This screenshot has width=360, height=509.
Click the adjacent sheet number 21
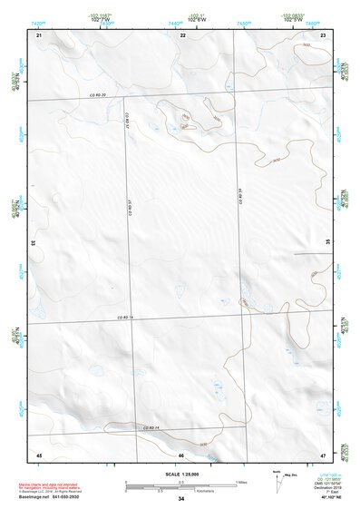click(39, 34)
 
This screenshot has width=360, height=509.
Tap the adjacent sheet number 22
click(182, 34)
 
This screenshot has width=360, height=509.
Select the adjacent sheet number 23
click(324, 34)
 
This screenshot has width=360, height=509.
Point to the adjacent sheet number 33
click(34, 243)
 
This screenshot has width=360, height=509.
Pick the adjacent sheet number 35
click(327, 242)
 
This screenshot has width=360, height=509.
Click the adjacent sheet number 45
click(39, 454)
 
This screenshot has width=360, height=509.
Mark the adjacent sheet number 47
click(324, 454)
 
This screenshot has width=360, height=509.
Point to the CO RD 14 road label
click(151, 427)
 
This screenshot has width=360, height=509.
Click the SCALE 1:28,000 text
click(181, 474)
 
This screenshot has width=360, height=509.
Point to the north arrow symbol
click(276, 482)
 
